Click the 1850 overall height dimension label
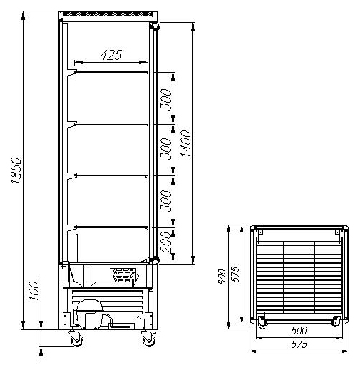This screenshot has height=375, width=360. click(x=16, y=170)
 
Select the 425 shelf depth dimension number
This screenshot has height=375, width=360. click(x=111, y=55)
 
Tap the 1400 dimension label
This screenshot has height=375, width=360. click(x=185, y=143)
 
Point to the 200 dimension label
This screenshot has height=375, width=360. click(x=166, y=242)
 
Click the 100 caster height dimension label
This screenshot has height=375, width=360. click(x=34, y=291)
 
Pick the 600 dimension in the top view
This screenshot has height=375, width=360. click(x=222, y=277)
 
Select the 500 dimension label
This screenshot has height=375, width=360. click(x=299, y=330)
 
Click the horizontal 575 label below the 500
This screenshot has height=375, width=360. click(x=299, y=344)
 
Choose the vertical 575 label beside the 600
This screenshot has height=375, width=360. click(x=236, y=274)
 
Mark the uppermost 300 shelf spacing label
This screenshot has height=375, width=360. click(x=166, y=100)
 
